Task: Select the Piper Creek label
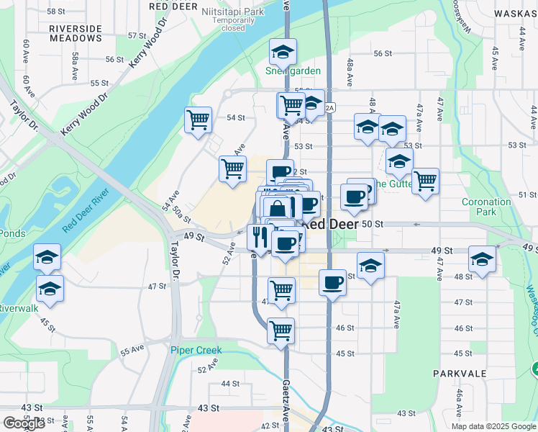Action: click(196, 351)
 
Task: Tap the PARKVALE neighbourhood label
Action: click(460, 374)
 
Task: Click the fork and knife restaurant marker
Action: click(258, 235)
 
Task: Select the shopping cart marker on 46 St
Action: click(281, 330)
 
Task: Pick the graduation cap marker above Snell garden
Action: click(283, 52)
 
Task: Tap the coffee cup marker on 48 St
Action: click(332, 282)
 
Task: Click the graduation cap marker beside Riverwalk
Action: click(50, 289)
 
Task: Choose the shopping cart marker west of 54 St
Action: click(198, 120)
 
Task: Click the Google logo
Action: click(24, 423)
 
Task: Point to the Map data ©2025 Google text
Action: click(493, 426)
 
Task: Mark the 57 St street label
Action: click(137, 35)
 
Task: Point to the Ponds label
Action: click(12, 233)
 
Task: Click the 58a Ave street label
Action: click(75, 60)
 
